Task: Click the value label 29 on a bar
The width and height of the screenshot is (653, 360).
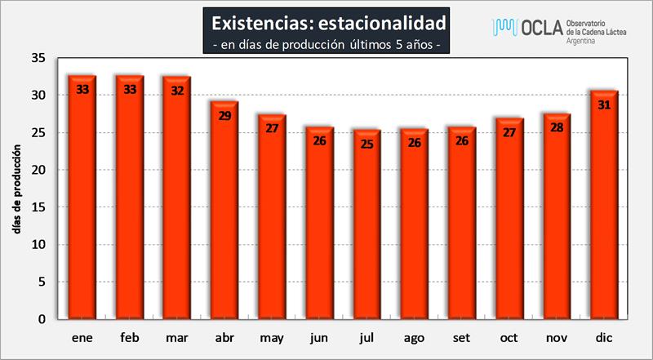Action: tap(225, 115)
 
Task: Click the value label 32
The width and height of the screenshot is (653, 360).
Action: tap(178, 90)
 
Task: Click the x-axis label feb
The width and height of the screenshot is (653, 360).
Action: tap(130, 336)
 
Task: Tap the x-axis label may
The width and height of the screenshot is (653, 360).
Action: tap(271, 336)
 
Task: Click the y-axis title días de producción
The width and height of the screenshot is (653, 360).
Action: tap(16, 191)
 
